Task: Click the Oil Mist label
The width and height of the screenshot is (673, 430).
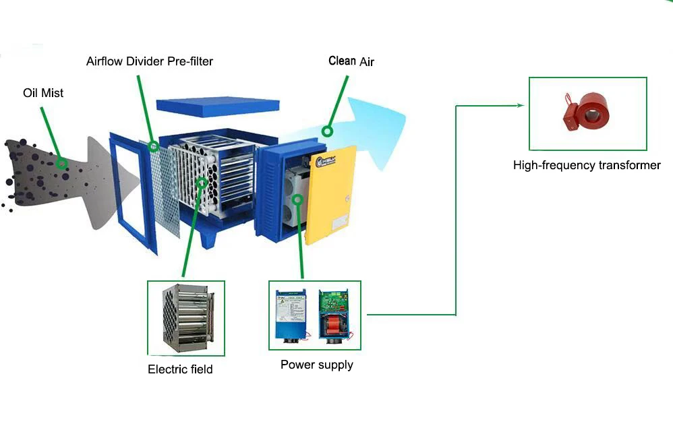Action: (43, 92)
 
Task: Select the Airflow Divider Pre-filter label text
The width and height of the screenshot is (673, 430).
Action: (150, 61)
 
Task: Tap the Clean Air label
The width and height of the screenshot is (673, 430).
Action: (351, 61)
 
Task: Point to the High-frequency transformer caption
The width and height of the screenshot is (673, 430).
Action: (587, 165)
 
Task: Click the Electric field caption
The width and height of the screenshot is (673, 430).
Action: (180, 369)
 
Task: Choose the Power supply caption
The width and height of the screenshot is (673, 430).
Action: (316, 365)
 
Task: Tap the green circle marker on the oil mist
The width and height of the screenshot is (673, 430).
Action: (62, 163)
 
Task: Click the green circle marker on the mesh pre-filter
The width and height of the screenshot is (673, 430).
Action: (154, 146)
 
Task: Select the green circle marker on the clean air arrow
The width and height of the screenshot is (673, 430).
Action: (328, 131)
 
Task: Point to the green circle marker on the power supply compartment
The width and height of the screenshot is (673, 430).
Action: (297, 199)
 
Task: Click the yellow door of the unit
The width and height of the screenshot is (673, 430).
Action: (330, 195)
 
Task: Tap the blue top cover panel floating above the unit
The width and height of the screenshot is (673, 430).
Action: (217, 106)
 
